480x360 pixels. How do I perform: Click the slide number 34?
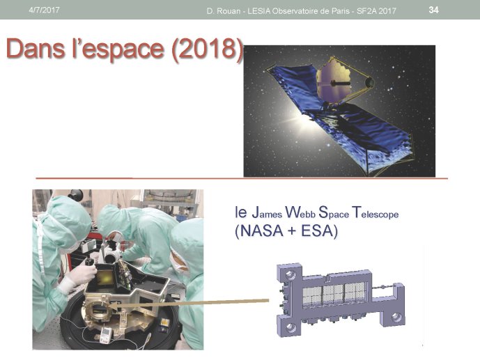click(x=433, y=10)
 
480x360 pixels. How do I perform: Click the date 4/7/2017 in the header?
click(x=44, y=10)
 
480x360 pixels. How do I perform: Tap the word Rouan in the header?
click(x=228, y=11)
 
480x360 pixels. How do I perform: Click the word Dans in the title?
click(x=36, y=48)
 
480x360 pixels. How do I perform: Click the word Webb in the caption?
click(x=300, y=212)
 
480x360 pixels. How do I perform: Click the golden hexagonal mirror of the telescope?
click(x=333, y=82)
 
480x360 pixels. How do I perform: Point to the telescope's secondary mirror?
click(x=369, y=82)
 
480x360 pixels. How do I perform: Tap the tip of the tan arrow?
click(x=109, y=306)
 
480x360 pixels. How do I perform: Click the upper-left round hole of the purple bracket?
click(x=290, y=274)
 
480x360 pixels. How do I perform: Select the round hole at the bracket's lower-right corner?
click(x=396, y=318)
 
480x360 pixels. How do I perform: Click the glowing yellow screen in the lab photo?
click(x=106, y=277)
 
